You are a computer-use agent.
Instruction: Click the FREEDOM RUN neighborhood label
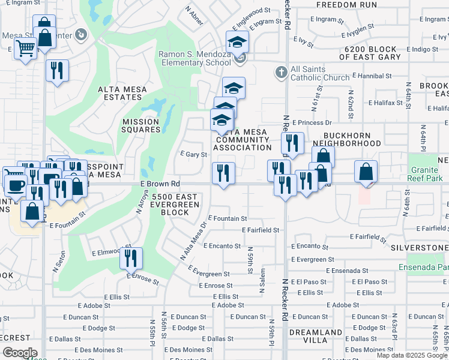[342, 4]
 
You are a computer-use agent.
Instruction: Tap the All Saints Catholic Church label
[319, 73]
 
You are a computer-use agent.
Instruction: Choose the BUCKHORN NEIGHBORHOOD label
[352, 140]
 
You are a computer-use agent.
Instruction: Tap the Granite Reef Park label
[428, 174]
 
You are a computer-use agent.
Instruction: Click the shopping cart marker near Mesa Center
[25, 47]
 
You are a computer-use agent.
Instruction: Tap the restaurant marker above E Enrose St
[131, 258]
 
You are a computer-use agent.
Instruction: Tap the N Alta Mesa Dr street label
[194, 241]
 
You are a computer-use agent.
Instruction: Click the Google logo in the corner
[20, 353]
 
